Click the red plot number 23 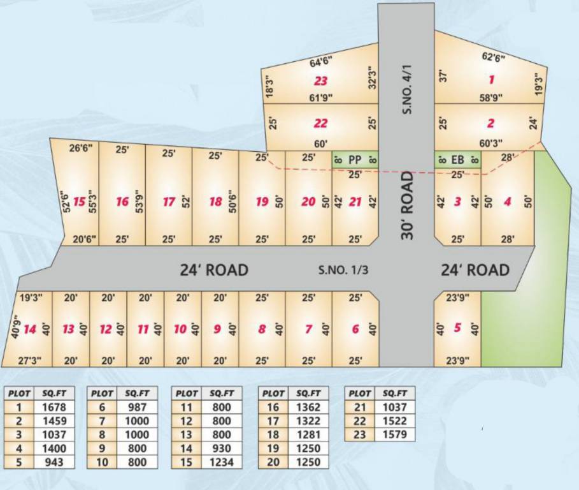tap(320, 81)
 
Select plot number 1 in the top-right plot tap(491, 80)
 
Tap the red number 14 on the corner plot tap(30, 329)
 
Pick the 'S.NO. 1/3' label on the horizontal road tap(343, 270)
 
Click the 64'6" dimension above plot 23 tap(321, 63)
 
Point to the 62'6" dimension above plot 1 tap(492, 57)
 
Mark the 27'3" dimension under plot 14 tap(30, 360)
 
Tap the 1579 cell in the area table tap(392, 434)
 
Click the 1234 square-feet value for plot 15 tap(137, 462)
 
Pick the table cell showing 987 tap(137, 407)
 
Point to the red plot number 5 tap(457, 328)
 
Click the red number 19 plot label tap(262, 202)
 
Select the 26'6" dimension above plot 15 tap(81, 148)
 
